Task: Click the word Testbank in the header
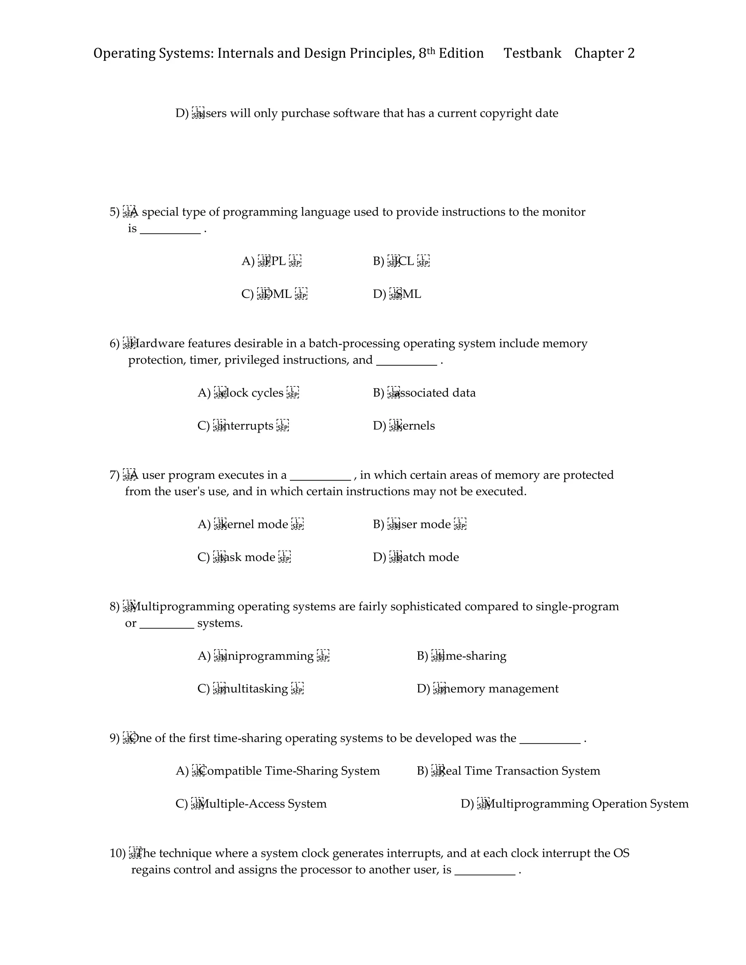pos(532,54)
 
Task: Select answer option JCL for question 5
pos(404,261)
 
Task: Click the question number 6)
pos(114,343)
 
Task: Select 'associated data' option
pos(437,393)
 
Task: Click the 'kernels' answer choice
pos(415,425)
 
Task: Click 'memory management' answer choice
pos(499,688)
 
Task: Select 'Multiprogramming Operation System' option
pos(587,803)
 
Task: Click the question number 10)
pos(118,853)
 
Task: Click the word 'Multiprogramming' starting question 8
pos(182,607)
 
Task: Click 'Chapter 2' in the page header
pos(604,54)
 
